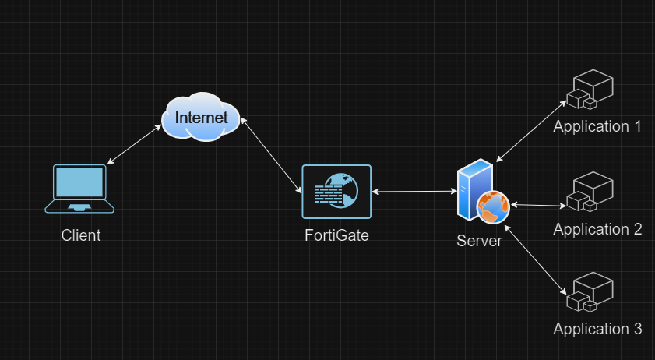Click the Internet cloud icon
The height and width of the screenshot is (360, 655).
click(x=200, y=118)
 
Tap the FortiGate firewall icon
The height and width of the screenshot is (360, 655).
click(x=336, y=191)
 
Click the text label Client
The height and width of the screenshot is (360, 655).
click(x=81, y=235)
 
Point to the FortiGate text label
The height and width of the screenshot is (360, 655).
click(x=336, y=235)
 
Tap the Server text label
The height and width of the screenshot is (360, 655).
click(x=479, y=241)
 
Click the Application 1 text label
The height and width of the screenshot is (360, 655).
click(x=597, y=126)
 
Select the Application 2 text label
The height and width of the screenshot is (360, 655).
click(x=597, y=229)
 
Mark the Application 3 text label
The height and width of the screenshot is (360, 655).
click(x=597, y=329)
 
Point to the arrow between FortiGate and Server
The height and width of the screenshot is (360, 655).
click(x=414, y=191)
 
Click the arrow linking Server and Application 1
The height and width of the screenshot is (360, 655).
click(x=531, y=129)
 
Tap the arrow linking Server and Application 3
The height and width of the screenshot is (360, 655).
click(x=534, y=259)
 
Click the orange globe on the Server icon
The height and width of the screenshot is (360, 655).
click(x=493, y=206)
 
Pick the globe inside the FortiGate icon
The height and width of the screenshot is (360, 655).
click(x=347, y=187)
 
